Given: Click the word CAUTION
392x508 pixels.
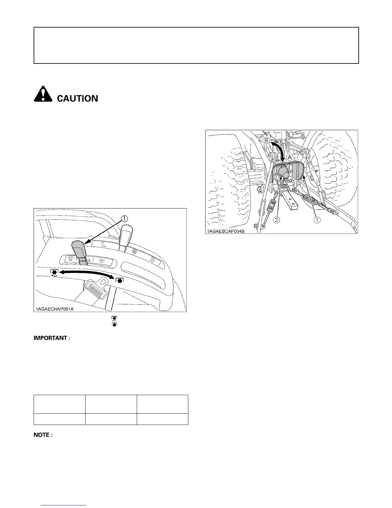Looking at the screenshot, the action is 77,98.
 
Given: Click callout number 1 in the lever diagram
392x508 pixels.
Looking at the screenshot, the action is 124,218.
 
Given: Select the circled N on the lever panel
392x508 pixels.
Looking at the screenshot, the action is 135,252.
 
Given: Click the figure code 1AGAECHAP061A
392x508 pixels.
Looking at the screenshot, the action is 55,309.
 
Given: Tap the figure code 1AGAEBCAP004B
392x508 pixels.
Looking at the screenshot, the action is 226,231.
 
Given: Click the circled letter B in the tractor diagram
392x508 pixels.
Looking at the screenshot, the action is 266,141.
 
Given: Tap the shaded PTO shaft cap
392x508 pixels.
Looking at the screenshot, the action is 283,171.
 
